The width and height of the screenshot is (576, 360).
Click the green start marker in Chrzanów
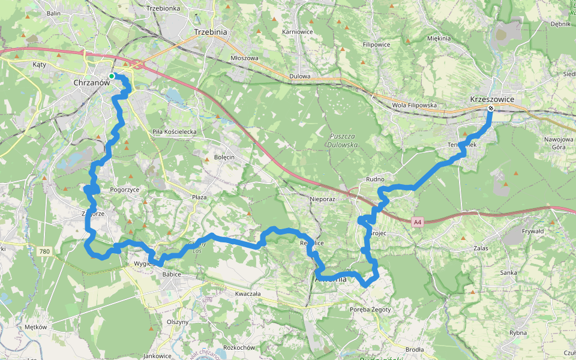tap(112, 76)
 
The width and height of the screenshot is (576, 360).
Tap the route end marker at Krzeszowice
tap(491, 109)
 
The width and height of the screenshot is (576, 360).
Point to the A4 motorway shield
tap(418, 223)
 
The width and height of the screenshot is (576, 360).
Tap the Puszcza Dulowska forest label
tap(343, 140)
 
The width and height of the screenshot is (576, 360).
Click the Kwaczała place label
tap(248, 294)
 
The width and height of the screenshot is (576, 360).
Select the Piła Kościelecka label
tap(174, 131)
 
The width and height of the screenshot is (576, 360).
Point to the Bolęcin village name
tap(224, 157)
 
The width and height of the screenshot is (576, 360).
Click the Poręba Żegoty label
tap(370, 310)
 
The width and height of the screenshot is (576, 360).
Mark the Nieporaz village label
tap(322, 198)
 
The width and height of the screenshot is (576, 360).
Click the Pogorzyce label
tap(125, 189)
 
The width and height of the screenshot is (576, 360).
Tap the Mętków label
tap(36, 327)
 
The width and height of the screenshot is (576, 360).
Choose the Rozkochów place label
tap(239, 347)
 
